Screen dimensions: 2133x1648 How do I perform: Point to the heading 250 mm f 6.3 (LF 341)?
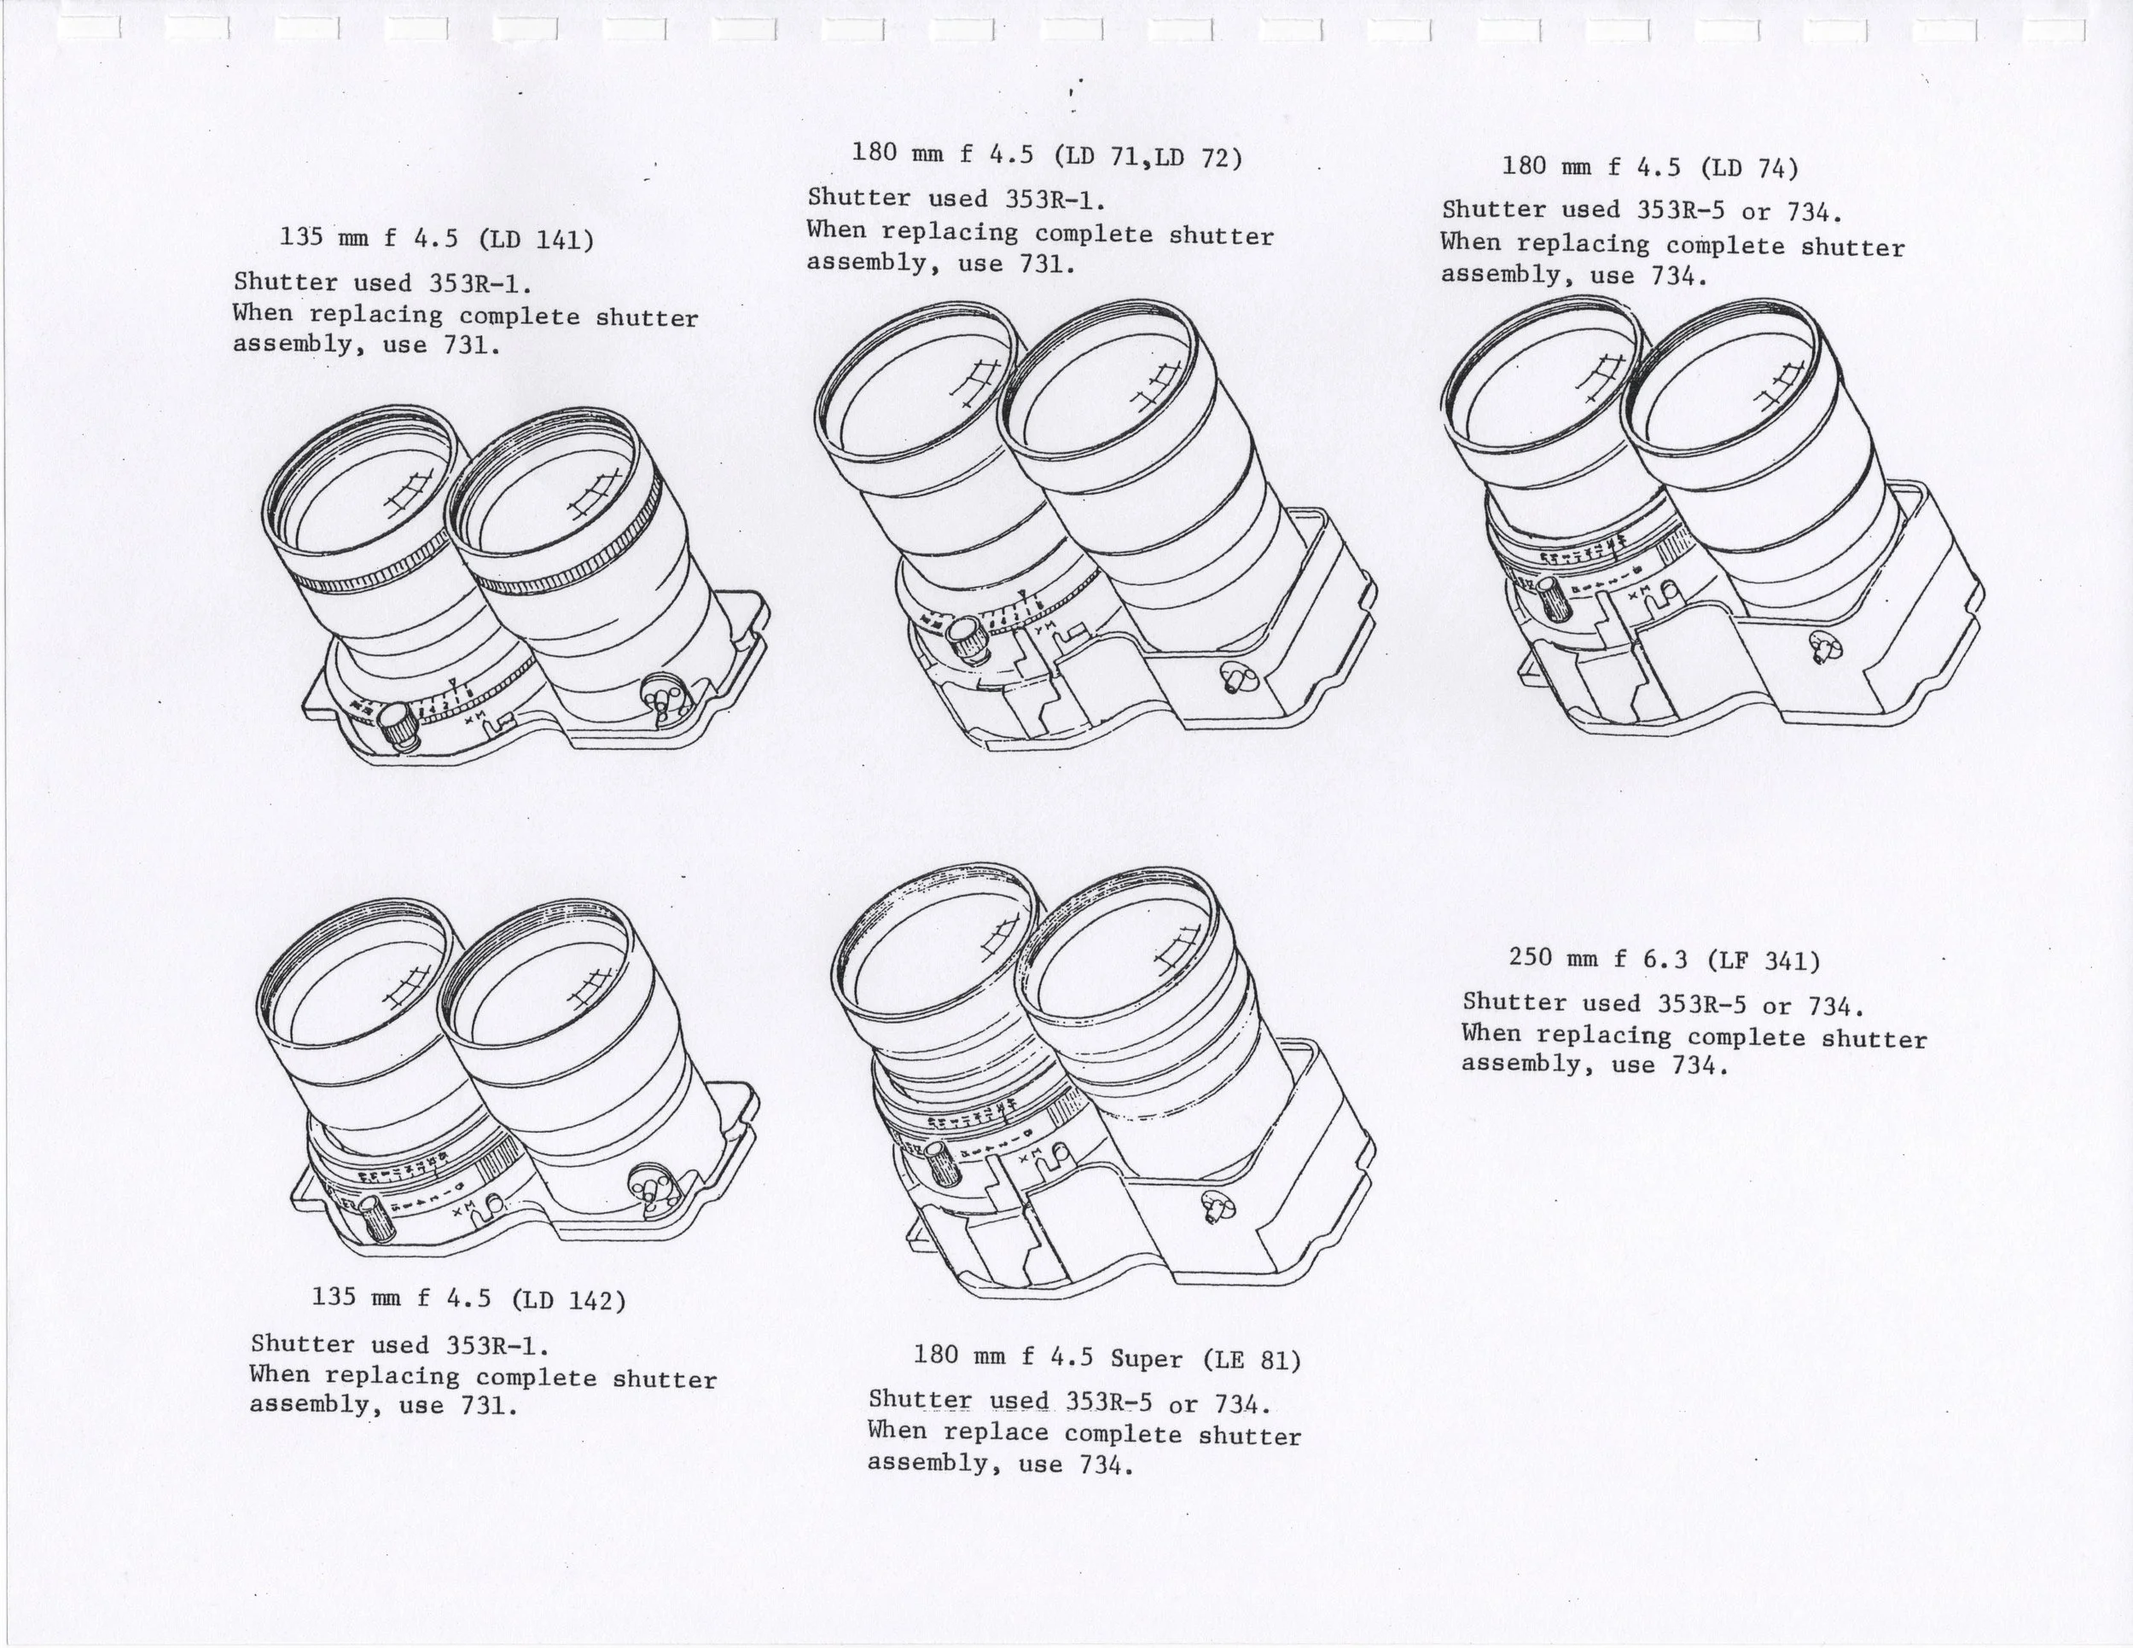coord(1665,960)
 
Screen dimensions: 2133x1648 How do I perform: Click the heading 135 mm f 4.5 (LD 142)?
coord(468,1298)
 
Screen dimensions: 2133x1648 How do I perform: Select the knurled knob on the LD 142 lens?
coord(373,1218)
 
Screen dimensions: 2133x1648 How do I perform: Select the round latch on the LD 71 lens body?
coord(1235,676)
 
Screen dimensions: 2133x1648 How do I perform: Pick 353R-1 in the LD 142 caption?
coord(497,1345)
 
